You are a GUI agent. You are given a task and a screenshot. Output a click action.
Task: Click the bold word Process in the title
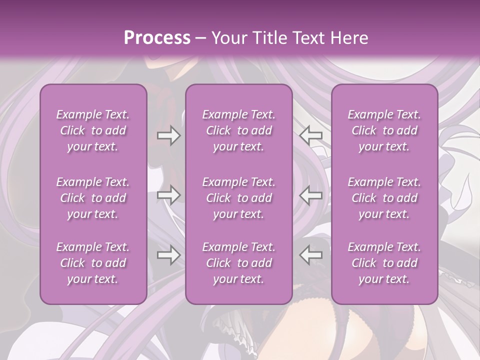click(x=157, y=38)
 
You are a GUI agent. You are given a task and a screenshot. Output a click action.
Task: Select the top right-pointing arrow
click(x=168, y=135)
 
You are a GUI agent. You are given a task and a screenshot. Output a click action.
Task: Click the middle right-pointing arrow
click(x=168, y=195)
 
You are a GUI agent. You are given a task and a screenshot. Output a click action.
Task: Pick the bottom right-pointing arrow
click(x=168, y=255)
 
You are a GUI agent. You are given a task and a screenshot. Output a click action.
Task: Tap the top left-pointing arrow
click(x=311, y=135)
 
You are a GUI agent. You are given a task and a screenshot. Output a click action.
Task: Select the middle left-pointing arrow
click(x=311, y=195)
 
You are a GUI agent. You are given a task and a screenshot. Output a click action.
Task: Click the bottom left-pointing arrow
click(x=311, y=255)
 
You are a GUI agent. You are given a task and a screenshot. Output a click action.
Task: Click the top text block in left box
click(x=93, y=130)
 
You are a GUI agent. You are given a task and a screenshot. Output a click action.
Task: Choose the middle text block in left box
click(x=93, y=198)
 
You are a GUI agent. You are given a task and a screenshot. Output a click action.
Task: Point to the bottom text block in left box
click(x=93, y=263)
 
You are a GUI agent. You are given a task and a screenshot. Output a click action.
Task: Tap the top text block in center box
click(x=239, y=130)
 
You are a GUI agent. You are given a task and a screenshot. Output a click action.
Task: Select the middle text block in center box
click(x=239, y=198)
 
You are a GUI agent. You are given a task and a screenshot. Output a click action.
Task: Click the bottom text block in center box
click(x=239, y=263)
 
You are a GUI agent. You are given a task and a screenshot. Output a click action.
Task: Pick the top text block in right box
click(x=384, y=130)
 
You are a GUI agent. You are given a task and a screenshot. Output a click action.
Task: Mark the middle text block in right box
click(x=384, y=198)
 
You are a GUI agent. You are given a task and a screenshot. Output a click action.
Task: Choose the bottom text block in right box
click(x=384, y=263)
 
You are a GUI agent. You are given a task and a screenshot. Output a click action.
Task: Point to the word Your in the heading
click(x=227, y=38)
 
